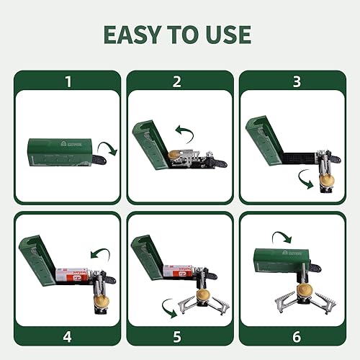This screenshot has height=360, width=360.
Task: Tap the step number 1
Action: pos(68,81)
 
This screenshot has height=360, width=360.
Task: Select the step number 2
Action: pos(179,81)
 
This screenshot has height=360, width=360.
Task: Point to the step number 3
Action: pos(292,81)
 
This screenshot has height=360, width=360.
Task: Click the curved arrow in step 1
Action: pos(109,148)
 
